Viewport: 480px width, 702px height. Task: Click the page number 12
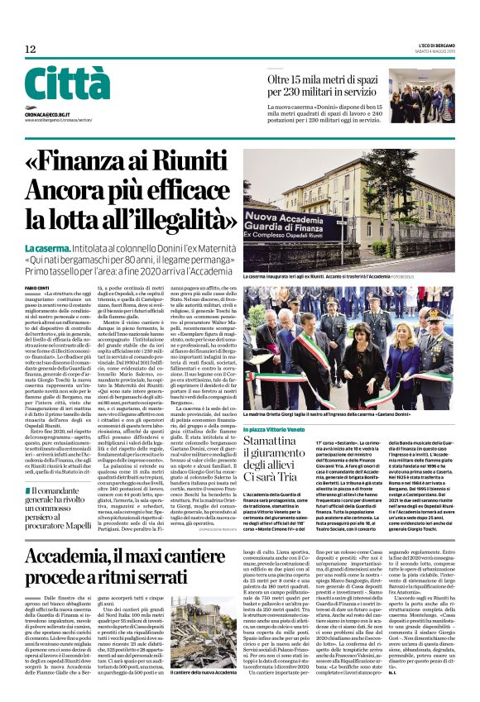[30, 50]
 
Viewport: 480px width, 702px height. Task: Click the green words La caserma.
[47, 248]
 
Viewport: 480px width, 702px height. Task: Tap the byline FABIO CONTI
[36, 288]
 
